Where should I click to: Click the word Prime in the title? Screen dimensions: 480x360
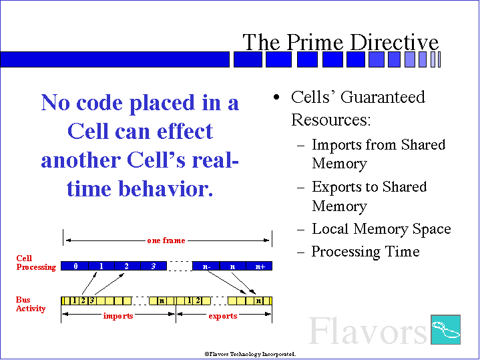[314, 41]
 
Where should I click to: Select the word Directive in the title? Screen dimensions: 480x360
[395, 41]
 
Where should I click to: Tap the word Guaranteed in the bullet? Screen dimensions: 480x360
[383, 97]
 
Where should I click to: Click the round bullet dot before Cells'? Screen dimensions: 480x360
[276, 97]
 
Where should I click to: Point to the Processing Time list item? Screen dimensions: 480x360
[366, 252]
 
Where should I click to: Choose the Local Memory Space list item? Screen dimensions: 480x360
[381, 229]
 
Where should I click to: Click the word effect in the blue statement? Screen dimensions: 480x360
[185, 131]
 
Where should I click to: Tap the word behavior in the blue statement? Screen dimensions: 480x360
[166, 189]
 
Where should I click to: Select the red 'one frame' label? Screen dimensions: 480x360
[166, 240]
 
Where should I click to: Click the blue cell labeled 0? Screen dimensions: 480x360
[75, 266]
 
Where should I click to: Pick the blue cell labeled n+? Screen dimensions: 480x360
[259, 266]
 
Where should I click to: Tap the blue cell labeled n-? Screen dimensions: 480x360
[206, 266]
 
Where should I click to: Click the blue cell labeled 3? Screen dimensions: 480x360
[154, 266]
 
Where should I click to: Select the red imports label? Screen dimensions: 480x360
[118, 315]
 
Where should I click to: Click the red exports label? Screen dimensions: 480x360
[223, 315]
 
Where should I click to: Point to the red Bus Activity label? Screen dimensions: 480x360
[31, 304]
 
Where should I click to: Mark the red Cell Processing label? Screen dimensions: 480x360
[36, 263]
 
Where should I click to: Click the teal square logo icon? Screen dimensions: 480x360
[446, 330]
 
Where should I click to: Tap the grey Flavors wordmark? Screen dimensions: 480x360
[368, 331]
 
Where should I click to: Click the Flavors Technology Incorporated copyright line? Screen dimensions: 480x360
[250, 354]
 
